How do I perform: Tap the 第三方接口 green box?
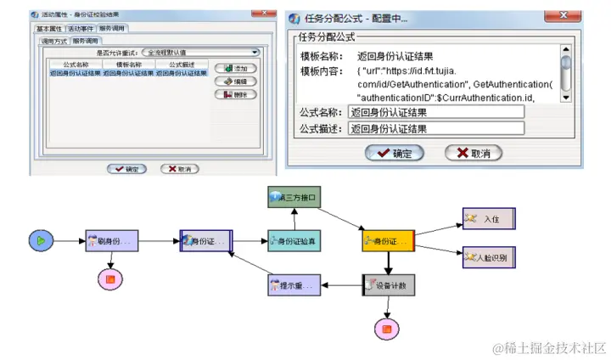(x=293, y=198)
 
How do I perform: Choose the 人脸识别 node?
(x=488, y=256)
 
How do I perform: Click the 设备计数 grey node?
(x=390, y=285)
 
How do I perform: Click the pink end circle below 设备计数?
(x=387, y=328)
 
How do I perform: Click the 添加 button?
(x=235, y=68)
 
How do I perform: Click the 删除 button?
(x=235, y=94)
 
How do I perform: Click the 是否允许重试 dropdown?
(x=201, y=52)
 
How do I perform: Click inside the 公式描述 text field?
(x=435, y=129)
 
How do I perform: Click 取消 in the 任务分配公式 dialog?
(x=474, y=153)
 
